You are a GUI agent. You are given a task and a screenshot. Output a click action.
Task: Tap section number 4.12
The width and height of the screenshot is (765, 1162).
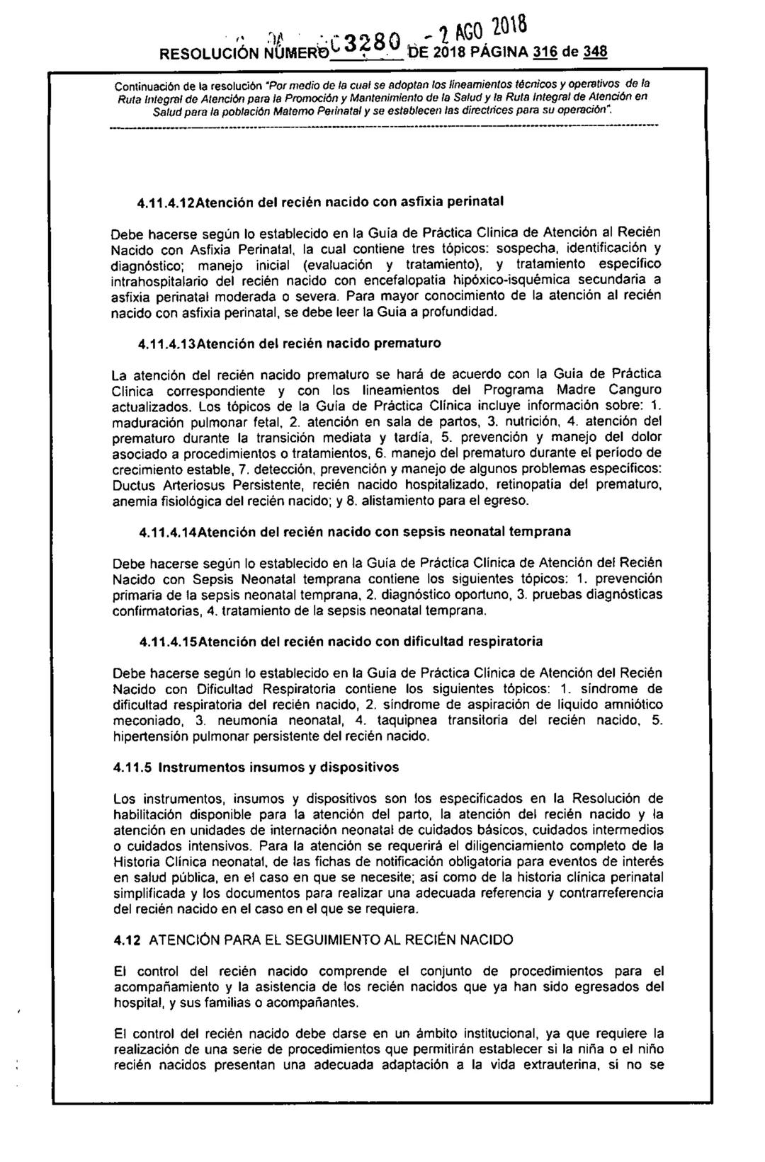tap(125, 940)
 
